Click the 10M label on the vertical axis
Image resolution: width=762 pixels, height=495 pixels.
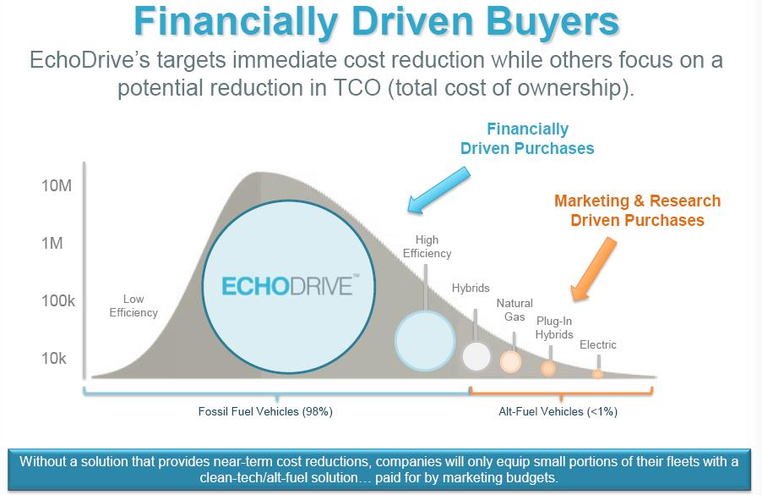click(x=57, y=185)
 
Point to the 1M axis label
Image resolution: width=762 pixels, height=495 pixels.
click(x=52, y=243)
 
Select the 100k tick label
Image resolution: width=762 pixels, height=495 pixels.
click(x=57, y=300)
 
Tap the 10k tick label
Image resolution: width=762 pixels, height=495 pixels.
click(x=53, y=358)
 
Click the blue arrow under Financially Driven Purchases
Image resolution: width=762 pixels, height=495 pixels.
click(x=438, y=190)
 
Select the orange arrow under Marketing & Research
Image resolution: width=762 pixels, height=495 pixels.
click(x=593, y=269)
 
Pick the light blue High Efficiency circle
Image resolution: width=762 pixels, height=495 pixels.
click(x=425, y=341)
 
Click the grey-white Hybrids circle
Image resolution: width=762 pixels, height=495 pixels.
click(x=476, y=356)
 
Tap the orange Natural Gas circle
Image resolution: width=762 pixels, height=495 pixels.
click(x=511, y=361)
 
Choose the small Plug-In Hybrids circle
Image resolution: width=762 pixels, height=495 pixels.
click(x=548, y=368)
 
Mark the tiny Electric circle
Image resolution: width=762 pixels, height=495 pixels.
click(x=597, y=374)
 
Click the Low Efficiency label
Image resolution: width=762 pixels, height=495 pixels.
click(x=133, y=305)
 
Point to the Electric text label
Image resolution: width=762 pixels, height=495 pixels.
click(x=598, y=344)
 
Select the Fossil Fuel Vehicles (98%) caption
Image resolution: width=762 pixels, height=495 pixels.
click(x=265, y=412)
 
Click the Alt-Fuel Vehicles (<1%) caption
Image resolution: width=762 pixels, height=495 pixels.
click(x=558, y=412)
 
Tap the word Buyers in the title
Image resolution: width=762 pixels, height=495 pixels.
click(x=552, y=22)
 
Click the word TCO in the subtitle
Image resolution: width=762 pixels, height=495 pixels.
click(x=357, y=88)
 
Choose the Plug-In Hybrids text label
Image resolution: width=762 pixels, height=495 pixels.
click(x=554, y=327)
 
